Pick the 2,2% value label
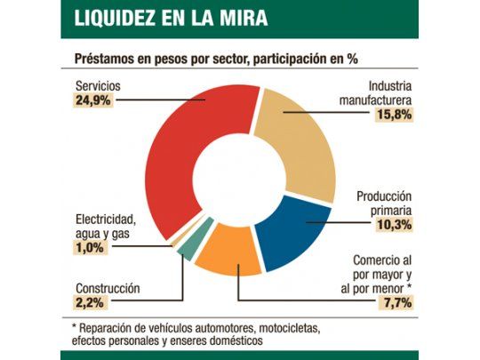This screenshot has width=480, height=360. pos(91,303)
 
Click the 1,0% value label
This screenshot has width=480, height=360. pos(91,249)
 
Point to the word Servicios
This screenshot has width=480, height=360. pos(99,86)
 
